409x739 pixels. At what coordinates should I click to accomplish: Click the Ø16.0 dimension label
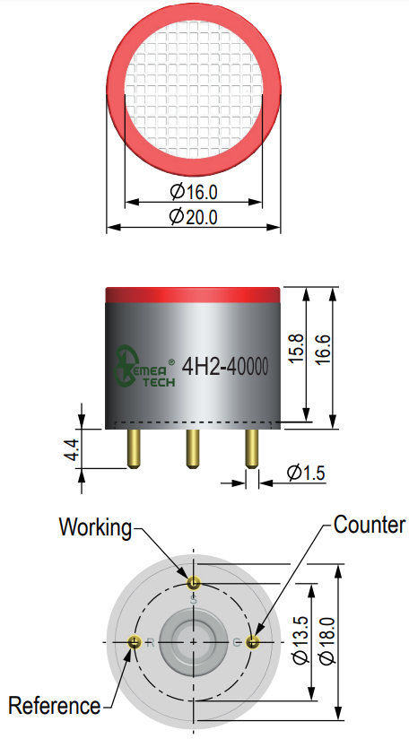pos(193,192)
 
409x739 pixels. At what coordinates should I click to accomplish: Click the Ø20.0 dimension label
pos(193,217)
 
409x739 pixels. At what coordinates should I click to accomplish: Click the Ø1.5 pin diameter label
pos(306,473)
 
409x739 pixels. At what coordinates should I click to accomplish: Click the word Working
pos(96,528)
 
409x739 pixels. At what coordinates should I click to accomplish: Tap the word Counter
pos(369,525)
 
